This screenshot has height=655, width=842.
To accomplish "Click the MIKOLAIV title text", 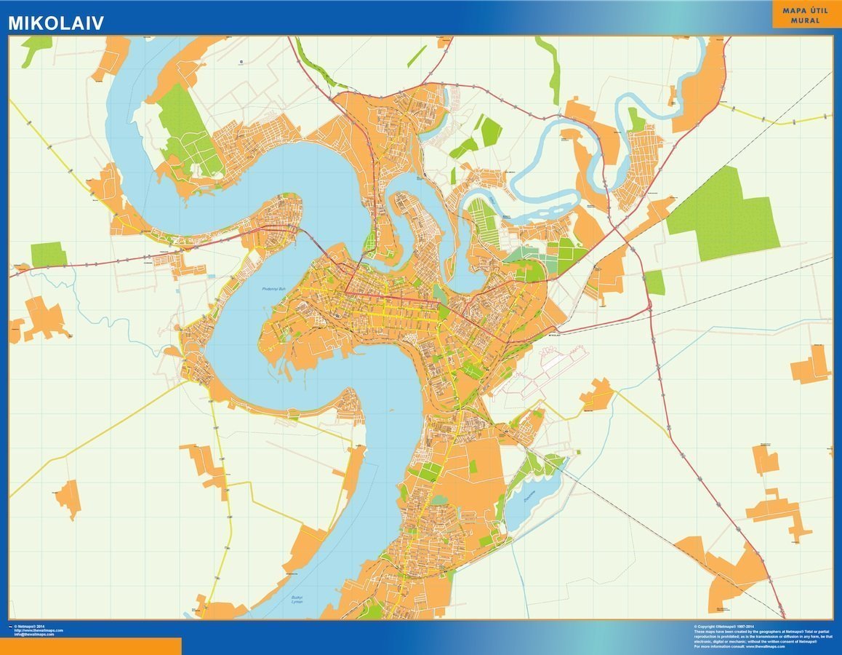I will click(x=56, y=23).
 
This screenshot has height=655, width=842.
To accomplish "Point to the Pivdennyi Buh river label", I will click(x=276, y=290).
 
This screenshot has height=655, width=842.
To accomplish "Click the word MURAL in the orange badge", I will click(x=806, y=21).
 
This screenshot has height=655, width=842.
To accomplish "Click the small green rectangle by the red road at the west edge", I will click(x=49, y=255).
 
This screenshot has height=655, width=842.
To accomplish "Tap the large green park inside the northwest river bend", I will click(x=185, y=131).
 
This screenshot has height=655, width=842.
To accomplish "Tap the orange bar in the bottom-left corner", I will click(x=90, y=646).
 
